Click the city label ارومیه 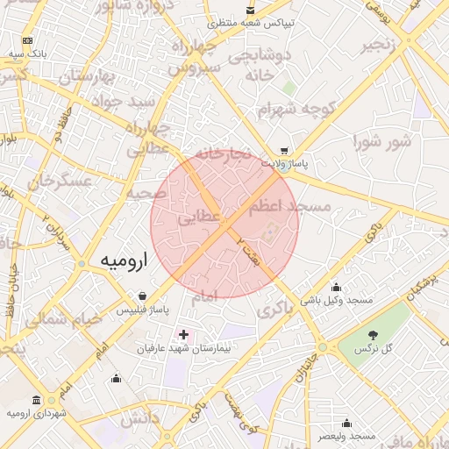[124, 261]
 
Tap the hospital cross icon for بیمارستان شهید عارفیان [183, 334]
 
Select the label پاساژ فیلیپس [141, 310]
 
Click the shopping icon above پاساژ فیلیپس [142, 296]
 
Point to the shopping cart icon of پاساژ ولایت [283, 151]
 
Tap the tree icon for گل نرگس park [372, 335]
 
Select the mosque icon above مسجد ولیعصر [347, 423]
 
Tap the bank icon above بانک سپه [28, 40]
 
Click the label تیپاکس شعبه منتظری [255, 22]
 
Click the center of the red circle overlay [224, 224]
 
